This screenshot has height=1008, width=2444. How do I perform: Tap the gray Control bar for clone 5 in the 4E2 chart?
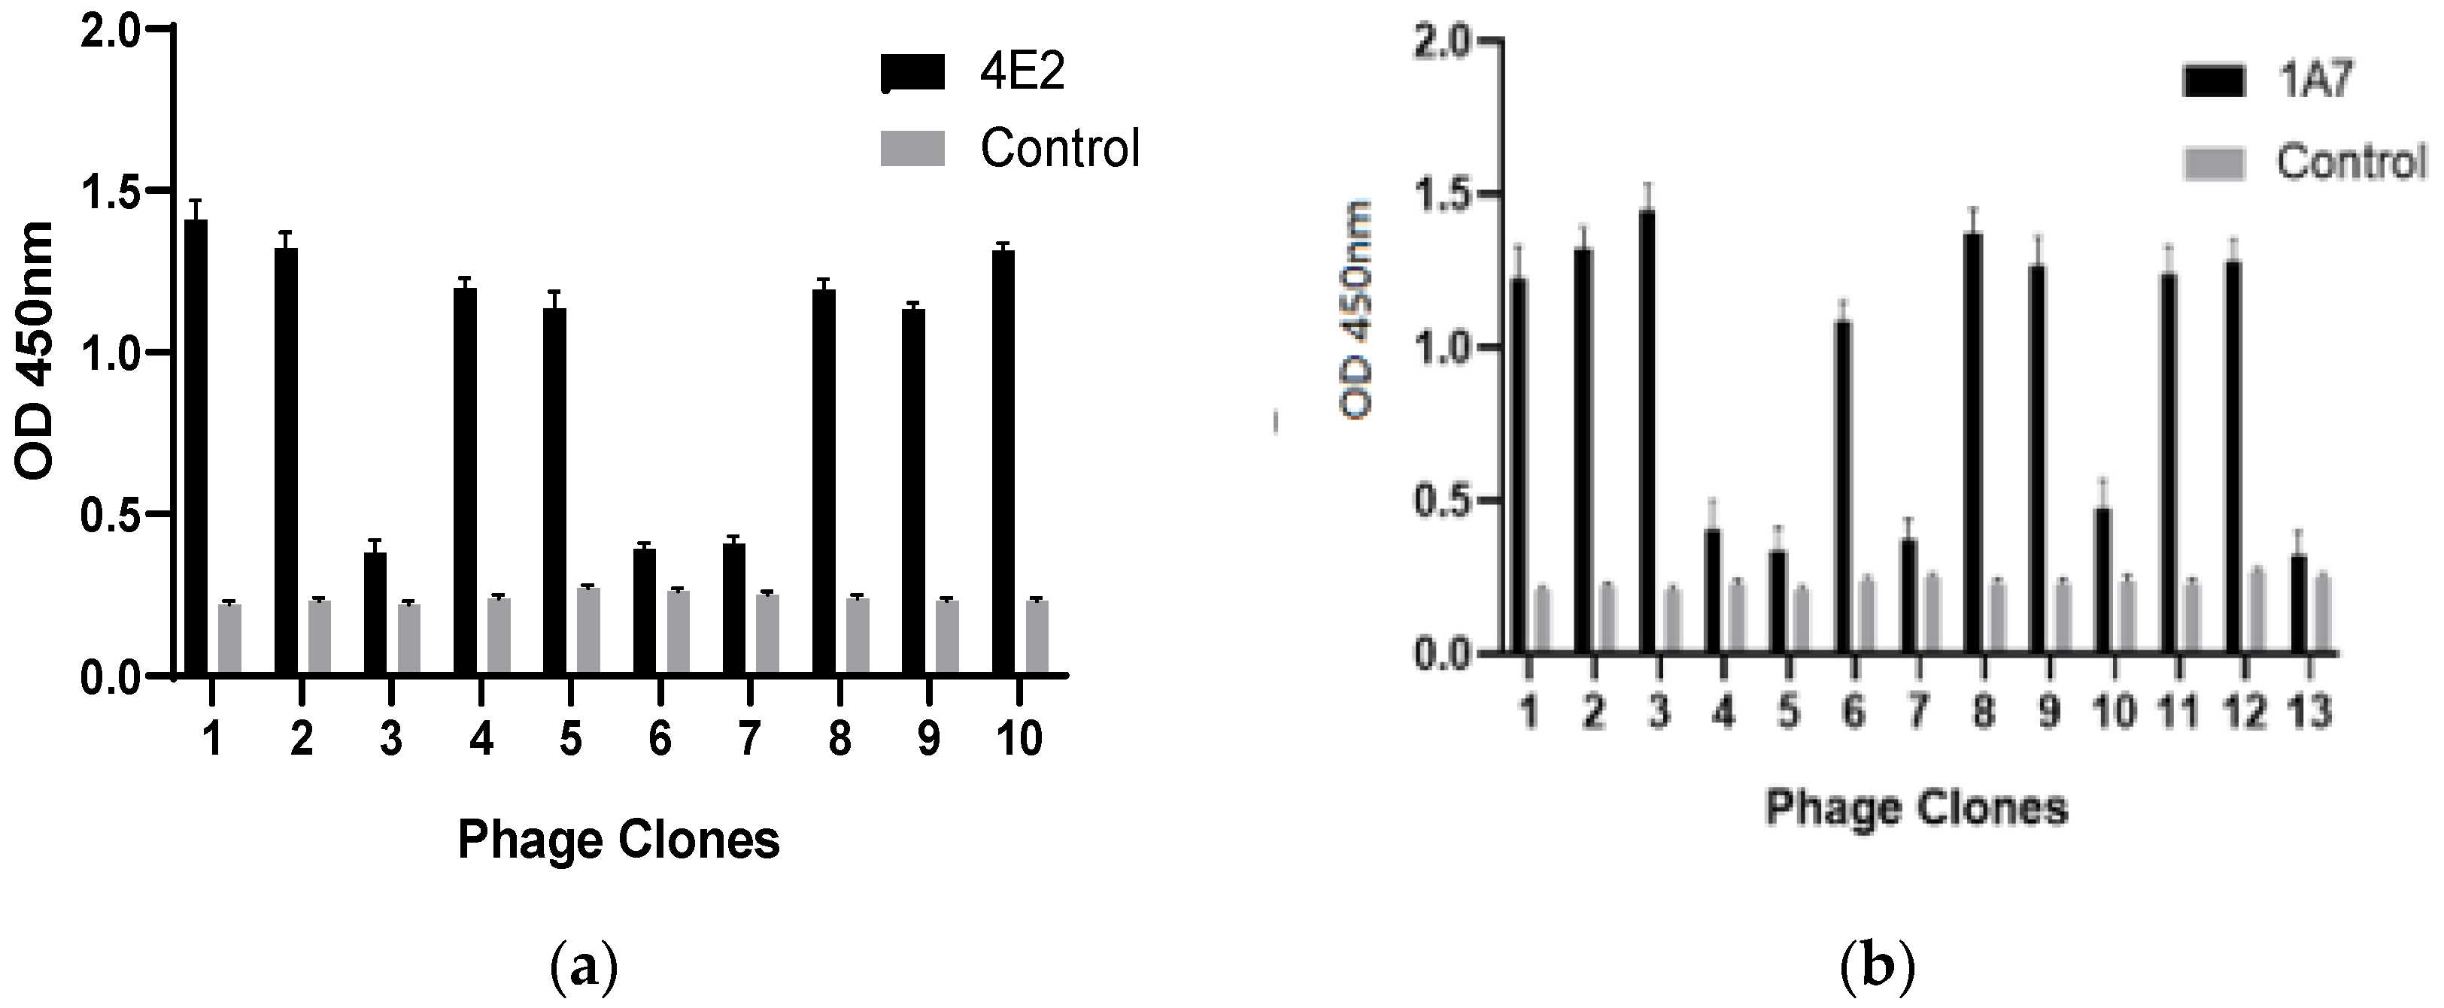click(x=588, y=631)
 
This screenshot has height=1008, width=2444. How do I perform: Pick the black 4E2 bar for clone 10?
click(x=1003, y=464)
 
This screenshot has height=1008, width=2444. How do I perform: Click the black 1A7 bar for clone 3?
click(x=1647, y=431)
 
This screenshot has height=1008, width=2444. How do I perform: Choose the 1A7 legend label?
click(x=2315, y=81)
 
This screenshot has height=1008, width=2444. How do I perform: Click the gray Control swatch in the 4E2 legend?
click(x=912, y=149)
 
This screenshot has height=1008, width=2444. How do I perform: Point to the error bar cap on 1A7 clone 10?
click(x=2103, y=479)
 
